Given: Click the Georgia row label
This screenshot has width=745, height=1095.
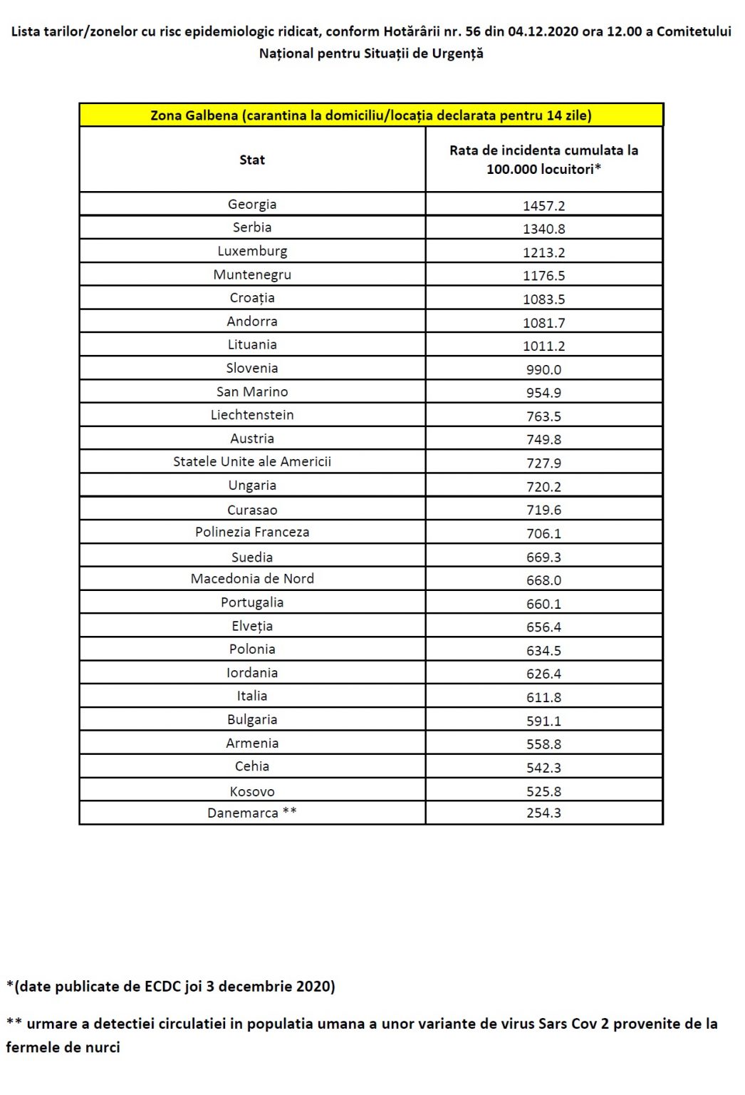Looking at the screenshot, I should [252, 205].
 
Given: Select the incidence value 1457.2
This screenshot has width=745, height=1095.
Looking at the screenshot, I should [543, 206].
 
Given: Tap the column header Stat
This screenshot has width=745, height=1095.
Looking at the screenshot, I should [252, 160].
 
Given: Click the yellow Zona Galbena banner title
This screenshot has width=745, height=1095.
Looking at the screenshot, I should [370, 115].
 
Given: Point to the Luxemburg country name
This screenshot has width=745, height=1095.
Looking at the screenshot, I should [252, 251].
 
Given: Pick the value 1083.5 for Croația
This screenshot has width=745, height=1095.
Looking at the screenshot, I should [543, 299].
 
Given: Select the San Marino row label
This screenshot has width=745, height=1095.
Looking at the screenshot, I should [252, 392].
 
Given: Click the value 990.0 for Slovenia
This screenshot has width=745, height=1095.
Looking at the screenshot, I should [543, 370].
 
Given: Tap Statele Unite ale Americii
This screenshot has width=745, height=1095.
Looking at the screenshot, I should [252, 462].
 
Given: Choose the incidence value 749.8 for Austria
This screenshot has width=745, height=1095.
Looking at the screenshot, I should [543, 440].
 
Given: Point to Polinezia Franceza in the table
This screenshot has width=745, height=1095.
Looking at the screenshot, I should [252, 533].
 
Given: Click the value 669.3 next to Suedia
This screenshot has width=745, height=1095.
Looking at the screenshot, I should [543, 557].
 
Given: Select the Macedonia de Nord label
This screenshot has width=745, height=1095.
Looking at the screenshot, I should [252, 579].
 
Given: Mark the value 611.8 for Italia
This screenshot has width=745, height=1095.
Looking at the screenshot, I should [543, 698].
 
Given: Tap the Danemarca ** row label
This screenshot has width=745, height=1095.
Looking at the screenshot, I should [252, 813].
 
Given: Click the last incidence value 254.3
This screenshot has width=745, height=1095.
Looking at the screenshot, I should [543, 813].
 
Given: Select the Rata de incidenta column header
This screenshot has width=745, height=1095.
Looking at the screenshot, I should [543, 160].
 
